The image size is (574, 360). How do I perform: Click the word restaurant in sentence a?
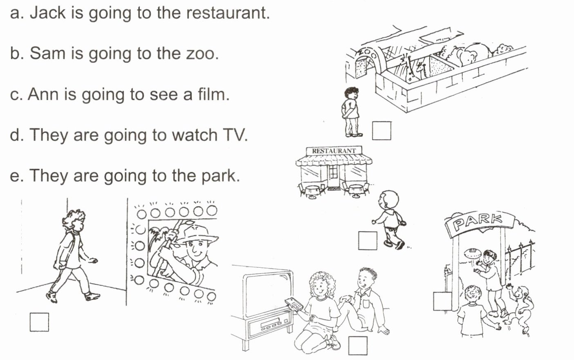[x=228, y=13]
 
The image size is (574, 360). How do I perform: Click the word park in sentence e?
[x=221, y=176]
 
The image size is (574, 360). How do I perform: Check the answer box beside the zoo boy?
[x=381, y=131]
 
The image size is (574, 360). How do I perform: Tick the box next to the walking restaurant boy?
[x=368, y=240]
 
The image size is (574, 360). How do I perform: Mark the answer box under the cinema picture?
[x=39, y=322]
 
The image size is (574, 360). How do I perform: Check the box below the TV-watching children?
[x=358, y=346]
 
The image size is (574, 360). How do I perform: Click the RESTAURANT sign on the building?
[x=334, y=151]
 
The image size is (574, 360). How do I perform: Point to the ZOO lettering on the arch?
[x=367, y=53]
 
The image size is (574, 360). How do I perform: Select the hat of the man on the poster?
[x=198, y=234]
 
